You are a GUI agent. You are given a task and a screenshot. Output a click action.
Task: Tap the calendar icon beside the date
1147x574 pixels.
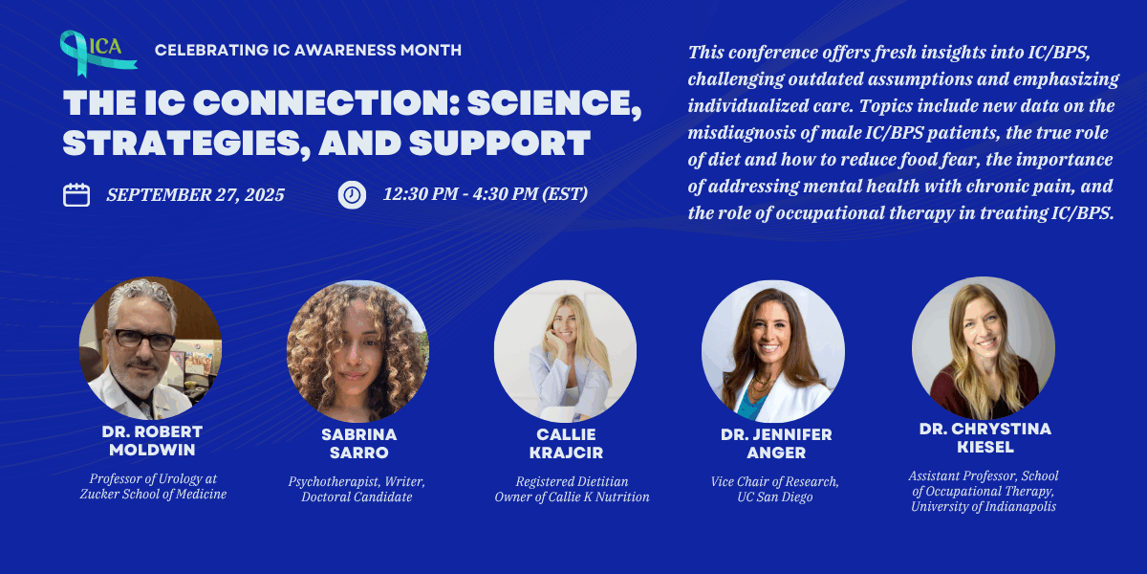76,194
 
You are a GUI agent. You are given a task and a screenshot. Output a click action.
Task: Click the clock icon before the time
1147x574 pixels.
352,194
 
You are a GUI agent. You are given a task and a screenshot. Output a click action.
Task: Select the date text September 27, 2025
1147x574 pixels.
195,194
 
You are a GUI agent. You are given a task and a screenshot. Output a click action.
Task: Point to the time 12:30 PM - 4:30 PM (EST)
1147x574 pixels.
486,194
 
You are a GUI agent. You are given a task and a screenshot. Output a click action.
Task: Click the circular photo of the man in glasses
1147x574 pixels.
151,348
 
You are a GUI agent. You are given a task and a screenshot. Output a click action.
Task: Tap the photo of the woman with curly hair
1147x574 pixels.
357,351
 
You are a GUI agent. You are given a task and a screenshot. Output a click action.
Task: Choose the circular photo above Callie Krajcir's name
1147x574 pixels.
565,351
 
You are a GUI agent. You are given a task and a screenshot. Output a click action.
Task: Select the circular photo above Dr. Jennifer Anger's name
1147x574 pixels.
772,351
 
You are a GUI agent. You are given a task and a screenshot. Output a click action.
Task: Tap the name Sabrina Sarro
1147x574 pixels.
357,443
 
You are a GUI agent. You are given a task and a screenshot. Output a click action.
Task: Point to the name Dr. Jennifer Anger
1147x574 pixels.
776,443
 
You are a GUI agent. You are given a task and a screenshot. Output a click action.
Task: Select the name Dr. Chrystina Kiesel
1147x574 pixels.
985,438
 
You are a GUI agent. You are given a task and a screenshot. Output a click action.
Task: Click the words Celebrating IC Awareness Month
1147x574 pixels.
308,50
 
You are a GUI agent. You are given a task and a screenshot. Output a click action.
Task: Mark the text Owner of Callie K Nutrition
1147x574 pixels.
572,497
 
